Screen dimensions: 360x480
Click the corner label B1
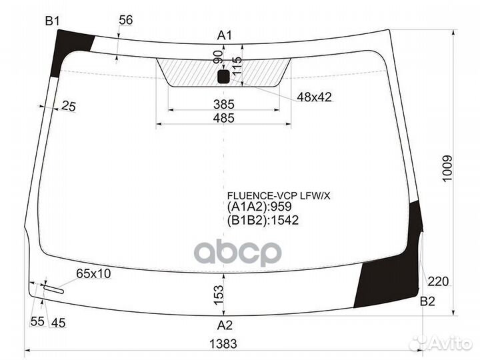click(x=53, y=22)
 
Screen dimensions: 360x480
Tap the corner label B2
click(x=427, y=301)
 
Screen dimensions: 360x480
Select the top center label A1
click(x=225, y=35)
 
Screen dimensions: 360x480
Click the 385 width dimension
click(x=224, y=104)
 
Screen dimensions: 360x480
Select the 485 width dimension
click(x=224, y=118)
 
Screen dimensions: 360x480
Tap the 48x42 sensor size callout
click(x=314, y=97)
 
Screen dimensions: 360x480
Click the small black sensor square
click(x=223, y=77)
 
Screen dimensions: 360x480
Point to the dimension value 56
click(x=126, y=20)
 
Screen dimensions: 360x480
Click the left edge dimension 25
click(x=68, y=105)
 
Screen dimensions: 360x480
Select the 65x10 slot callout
click(x=94, y=273)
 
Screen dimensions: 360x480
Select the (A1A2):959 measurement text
click(x=259, y=207)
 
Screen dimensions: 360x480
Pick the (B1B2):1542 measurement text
click(x=263, y=220)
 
